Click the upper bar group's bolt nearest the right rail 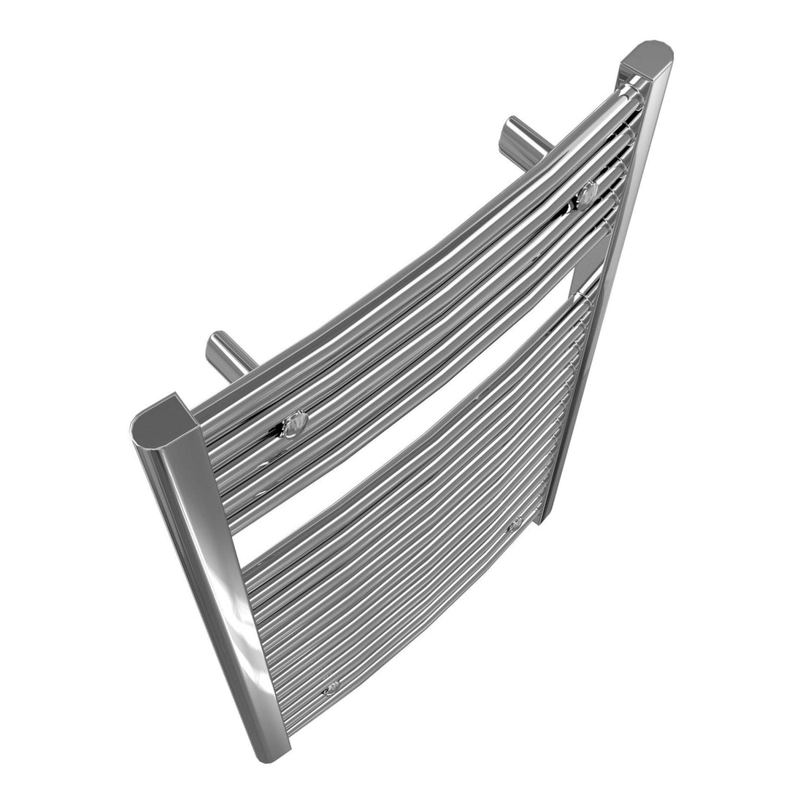(x=585, y=195)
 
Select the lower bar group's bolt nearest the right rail (x=515, y=523)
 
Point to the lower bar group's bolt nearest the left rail (x=332, y=687)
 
